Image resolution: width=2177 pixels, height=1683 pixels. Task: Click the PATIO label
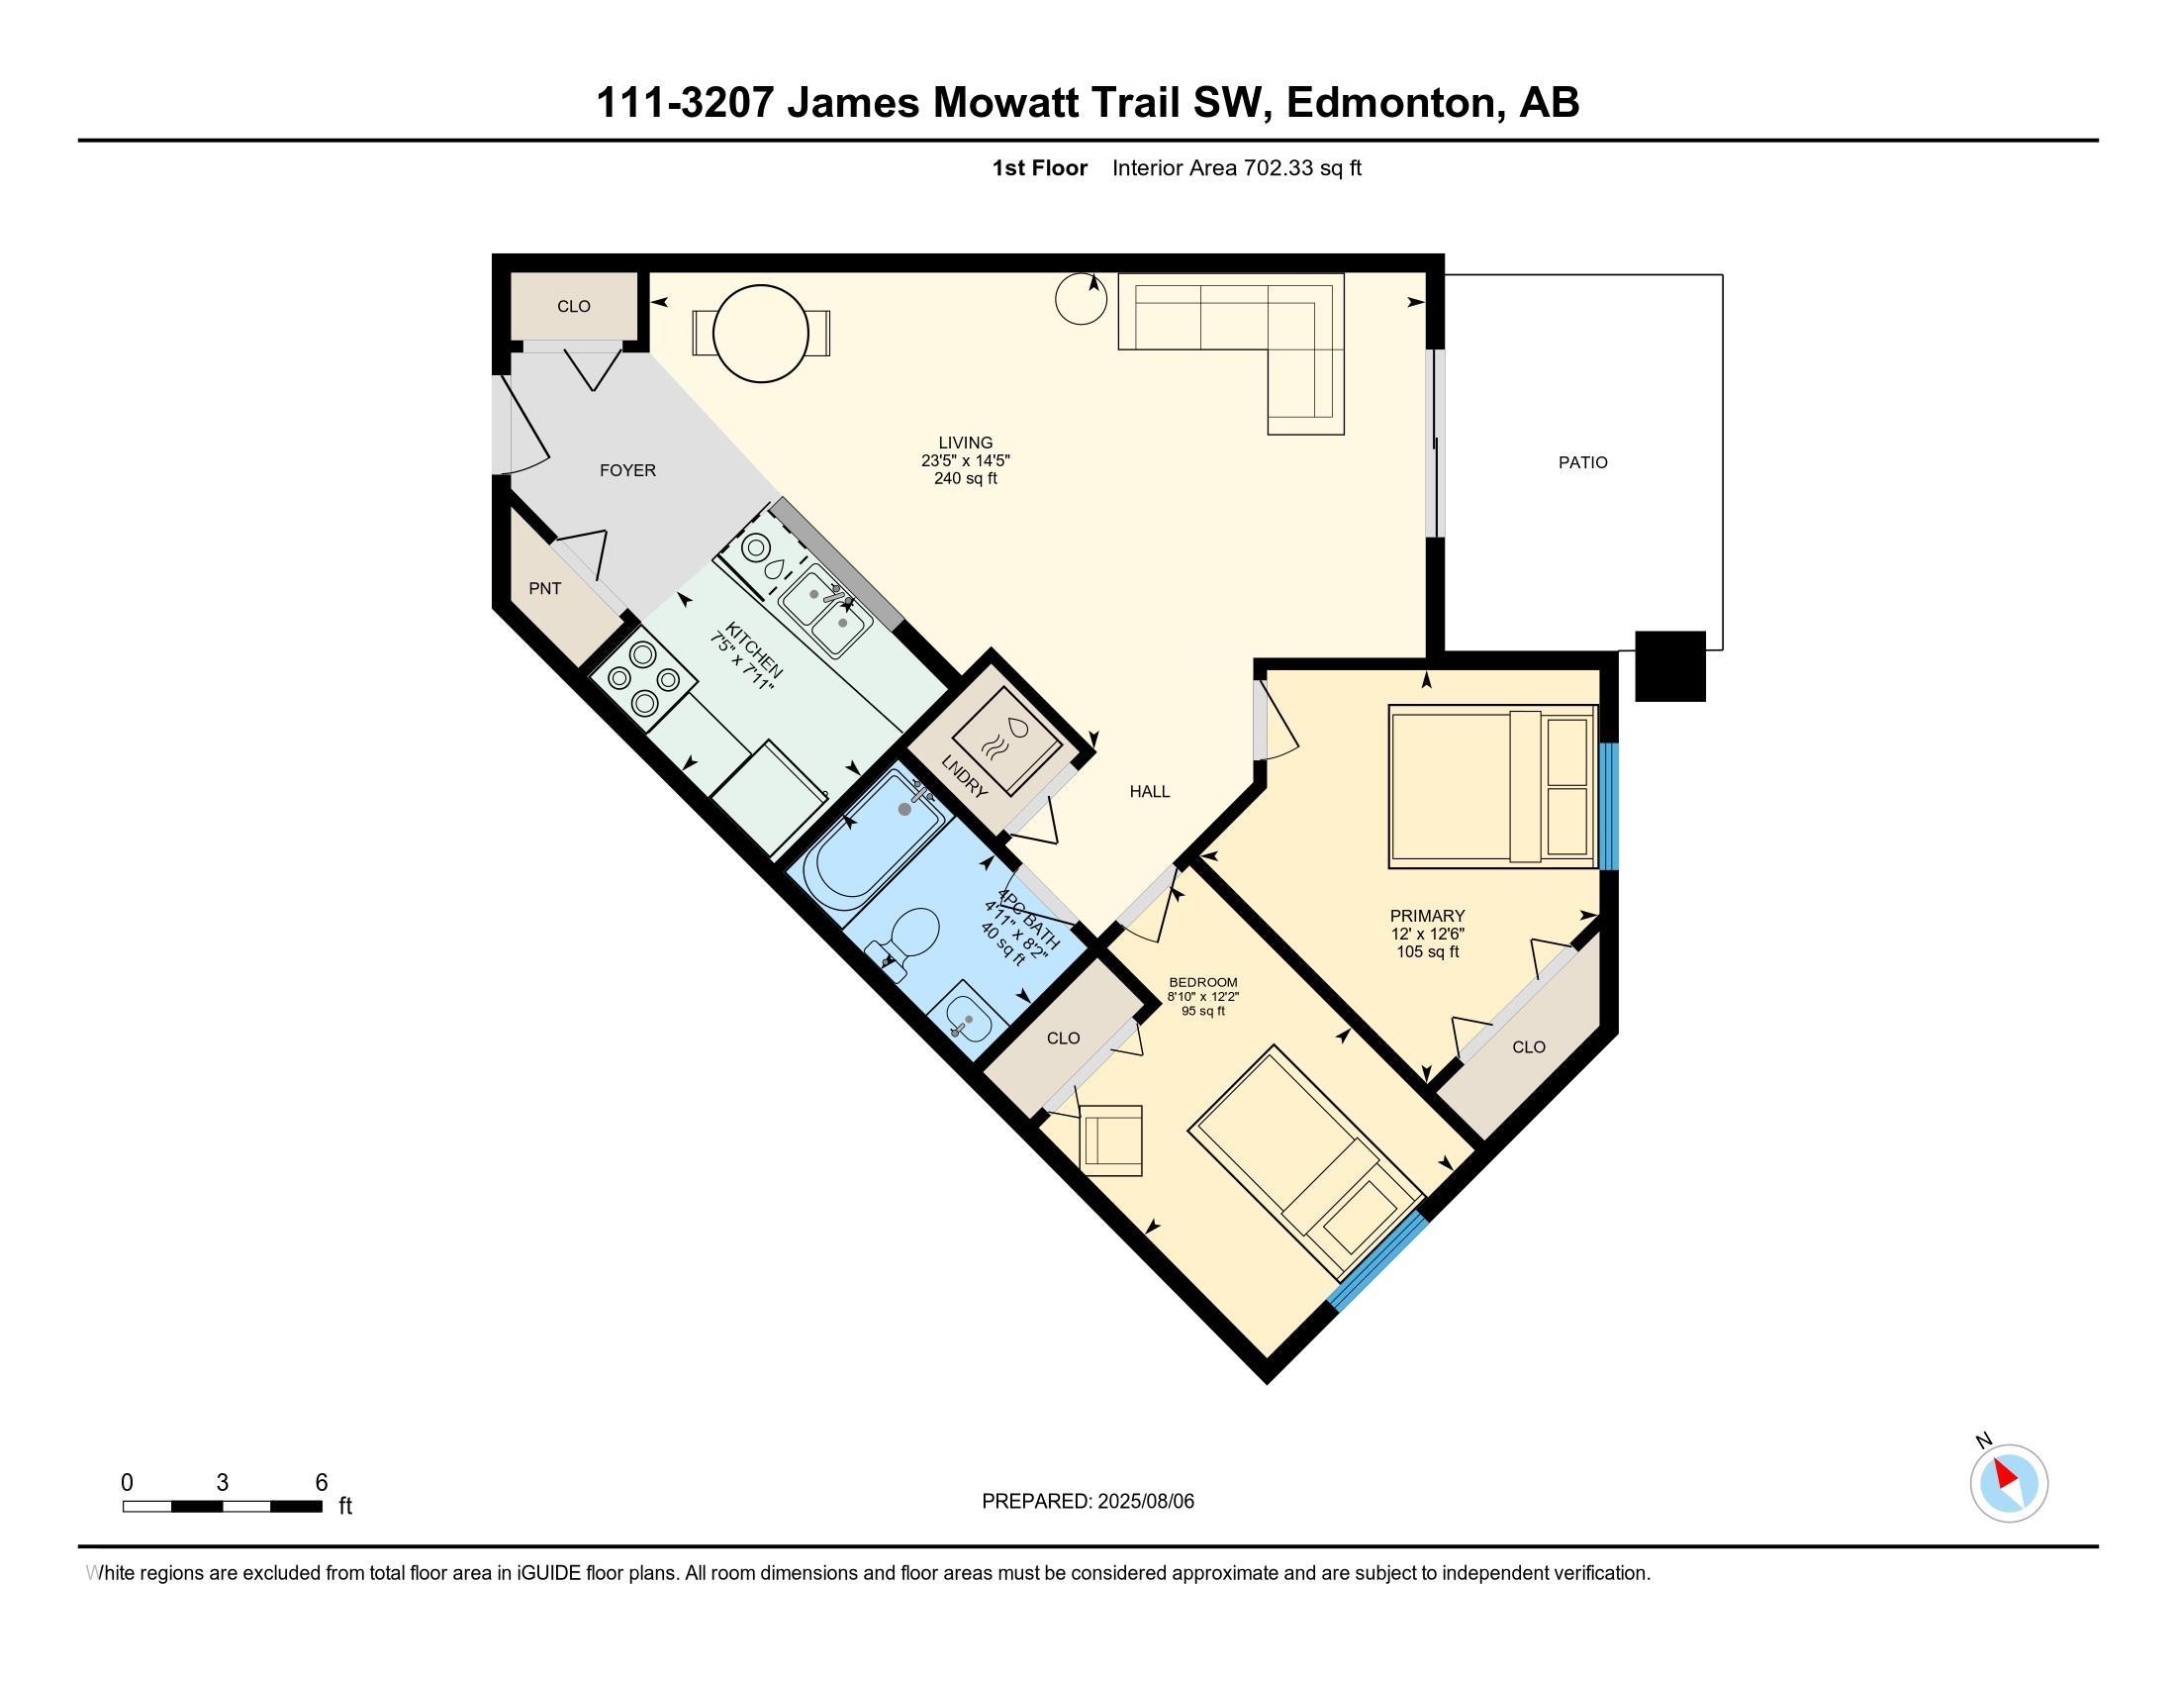[x=1583, y=462]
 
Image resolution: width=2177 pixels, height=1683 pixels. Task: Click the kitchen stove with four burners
[x=642, y=678]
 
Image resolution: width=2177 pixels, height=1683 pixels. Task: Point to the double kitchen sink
[x=825, y=609]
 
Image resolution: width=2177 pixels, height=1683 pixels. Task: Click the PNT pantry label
[x=544, y=588]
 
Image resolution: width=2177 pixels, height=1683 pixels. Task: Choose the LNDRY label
[x=964, y=776]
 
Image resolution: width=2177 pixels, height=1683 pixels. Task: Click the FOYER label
[x=628, y=470]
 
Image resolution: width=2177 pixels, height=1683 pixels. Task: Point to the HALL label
[x=1149, y=792]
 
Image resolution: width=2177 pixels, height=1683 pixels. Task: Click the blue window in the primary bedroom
[x=1609, y=806]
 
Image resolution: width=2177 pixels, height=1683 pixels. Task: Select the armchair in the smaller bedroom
[x=1110, y=1139]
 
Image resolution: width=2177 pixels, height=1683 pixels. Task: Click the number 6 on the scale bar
[x=321, y=1483]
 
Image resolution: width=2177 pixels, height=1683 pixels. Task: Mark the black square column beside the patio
[x=1670, y=666]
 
